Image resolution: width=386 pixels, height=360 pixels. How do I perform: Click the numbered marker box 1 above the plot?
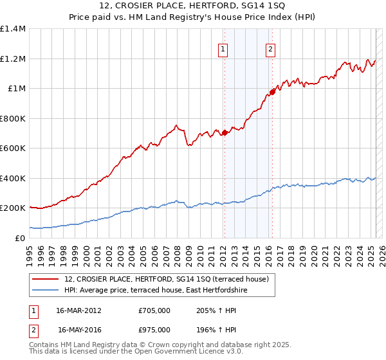223,48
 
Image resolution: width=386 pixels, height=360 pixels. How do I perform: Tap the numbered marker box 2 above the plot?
271,48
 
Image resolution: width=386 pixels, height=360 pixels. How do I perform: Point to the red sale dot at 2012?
225,133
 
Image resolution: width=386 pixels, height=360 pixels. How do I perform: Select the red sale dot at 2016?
272,93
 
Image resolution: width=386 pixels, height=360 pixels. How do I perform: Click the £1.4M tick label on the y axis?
13,29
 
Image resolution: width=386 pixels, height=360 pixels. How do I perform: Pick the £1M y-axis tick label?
16,89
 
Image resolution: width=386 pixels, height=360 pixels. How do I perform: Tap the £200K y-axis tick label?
13,208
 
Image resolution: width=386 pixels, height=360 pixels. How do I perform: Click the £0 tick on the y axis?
19,238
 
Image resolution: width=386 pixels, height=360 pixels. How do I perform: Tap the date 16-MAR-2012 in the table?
79,310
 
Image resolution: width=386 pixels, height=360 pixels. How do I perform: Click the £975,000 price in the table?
154,330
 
